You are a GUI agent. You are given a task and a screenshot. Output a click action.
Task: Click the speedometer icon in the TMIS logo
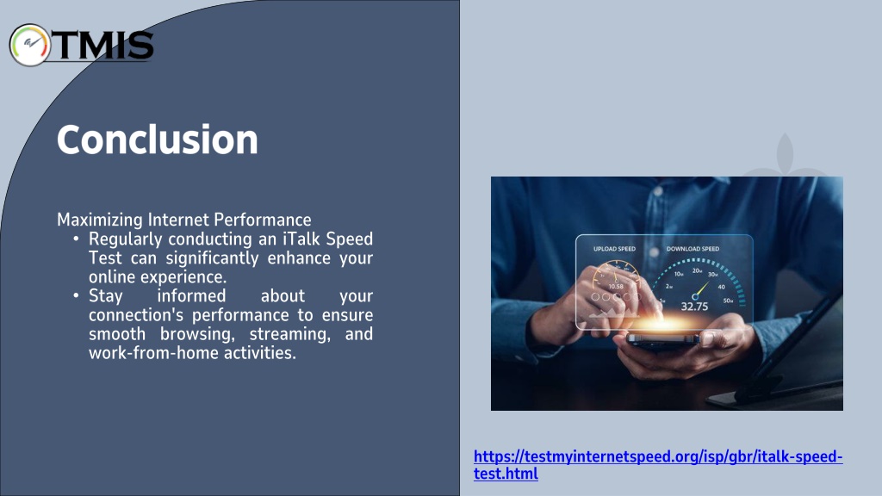(x=30, y=45)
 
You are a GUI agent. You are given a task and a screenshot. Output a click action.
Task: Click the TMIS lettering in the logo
(x=103, y=45)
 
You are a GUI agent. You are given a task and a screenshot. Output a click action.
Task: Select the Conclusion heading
(x=158, y=139)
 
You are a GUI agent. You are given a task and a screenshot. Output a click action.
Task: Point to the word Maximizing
(x=100, y=220)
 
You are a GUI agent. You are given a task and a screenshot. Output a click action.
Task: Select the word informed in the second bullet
(x=191, y=296)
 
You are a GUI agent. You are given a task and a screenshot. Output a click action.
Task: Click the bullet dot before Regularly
(x=76, y=239)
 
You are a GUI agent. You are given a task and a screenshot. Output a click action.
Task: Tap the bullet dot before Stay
(x=76, y=296)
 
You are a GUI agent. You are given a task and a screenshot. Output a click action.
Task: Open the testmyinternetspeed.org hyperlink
(x=657, y=464)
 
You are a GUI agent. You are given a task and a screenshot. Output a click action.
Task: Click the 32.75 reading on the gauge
(x=694, y=307)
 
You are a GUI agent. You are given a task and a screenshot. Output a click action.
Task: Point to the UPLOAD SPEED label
(x=614, y=249)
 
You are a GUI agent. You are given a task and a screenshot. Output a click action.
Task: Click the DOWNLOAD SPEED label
(x=693, y=249)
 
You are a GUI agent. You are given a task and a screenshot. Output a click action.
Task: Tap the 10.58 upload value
(x=616, y=286)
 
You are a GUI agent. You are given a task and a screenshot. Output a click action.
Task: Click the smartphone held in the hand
(x=664, y=339)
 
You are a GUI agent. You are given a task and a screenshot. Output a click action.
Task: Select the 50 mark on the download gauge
(x=728, y=301)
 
